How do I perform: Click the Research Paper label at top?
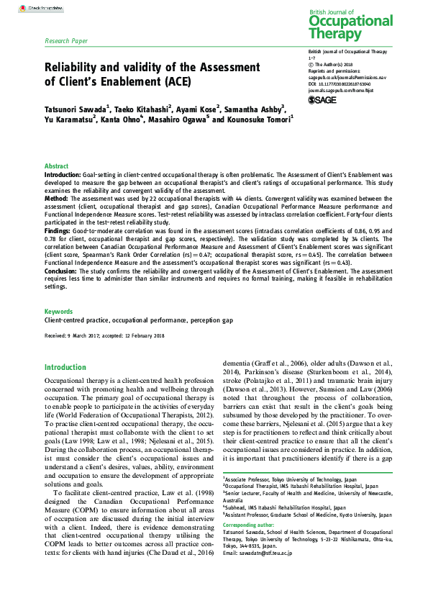66,42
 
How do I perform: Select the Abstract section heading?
57,166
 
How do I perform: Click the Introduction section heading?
65,367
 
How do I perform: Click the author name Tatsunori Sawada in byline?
74,108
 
